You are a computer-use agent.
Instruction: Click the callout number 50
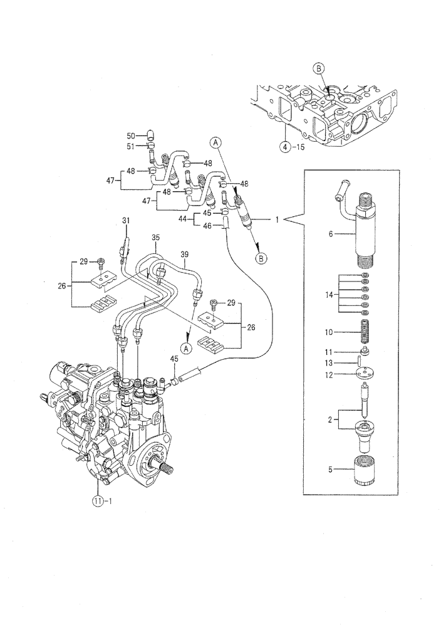pyautogui.click(x=131, y=135)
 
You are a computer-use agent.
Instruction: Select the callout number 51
pyautogui.click(x=131, y=147)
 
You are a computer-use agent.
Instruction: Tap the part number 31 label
pyautogui.click(x=125, y=220)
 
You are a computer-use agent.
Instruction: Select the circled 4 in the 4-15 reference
pyautogui.click(x=285, y=148)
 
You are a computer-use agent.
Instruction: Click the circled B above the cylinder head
pyautogui.click(x=318, y=68)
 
